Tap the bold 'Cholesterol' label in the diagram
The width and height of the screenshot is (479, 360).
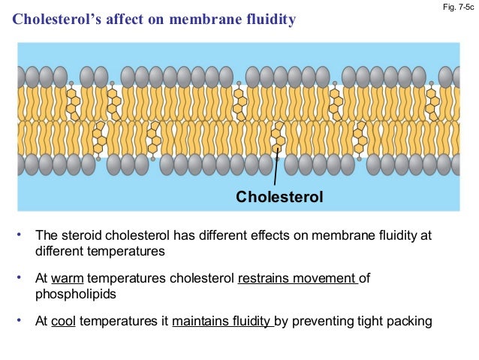pyautogui.click(x=279, y=198)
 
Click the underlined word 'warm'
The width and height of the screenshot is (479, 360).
pyautogui.click(x=66, y=279)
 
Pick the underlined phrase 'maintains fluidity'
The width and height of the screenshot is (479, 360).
pyautogui.click(x=221, y=322)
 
